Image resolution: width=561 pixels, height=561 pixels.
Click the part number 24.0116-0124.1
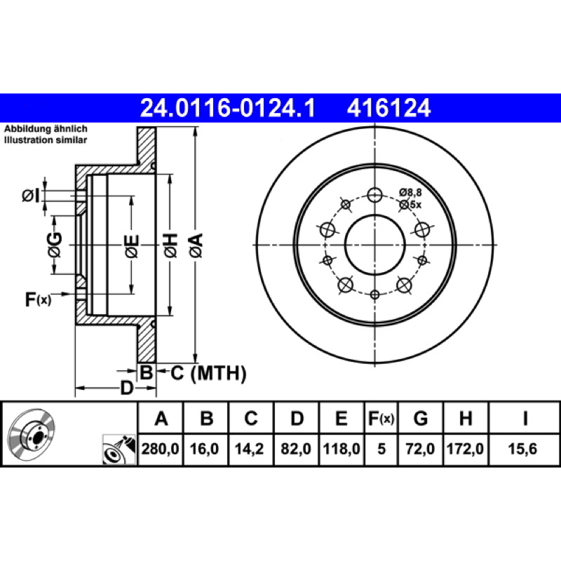click(227, 108)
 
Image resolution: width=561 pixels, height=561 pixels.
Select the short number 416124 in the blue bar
click(388, 108)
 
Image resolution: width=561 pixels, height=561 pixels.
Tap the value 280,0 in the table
click(161, 449)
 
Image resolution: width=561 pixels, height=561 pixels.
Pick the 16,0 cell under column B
click(204, 449)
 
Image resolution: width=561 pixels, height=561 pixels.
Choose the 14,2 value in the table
click(249, 449)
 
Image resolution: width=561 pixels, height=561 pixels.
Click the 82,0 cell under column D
click(296, 449)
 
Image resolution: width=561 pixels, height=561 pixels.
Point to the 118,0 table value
click(342, 449)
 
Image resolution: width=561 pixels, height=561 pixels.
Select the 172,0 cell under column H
click(465, 449)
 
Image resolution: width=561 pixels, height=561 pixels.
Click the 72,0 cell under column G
click(420, 449)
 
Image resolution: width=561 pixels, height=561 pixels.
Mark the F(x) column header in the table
click(381, 418)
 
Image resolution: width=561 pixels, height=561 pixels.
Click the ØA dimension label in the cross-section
click(196, 245)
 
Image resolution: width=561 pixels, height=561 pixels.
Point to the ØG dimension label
click(55, 245)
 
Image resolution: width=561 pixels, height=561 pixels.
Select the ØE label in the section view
click(132, 246)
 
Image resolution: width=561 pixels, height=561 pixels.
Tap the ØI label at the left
click(31, 196)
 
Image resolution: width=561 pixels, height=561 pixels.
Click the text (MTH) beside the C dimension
click(218, 373)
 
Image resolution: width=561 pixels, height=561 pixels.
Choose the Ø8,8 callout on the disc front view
click(410, 192)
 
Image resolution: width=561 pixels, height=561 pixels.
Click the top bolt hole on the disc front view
click(374, 196)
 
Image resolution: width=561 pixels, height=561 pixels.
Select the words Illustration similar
click(46, 140)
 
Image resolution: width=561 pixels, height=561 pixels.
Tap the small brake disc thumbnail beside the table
click(32, 433)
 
